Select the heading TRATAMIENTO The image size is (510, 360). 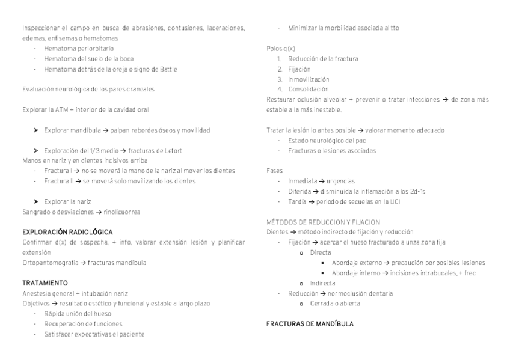[45, 282]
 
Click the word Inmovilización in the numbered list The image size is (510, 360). [309, 79]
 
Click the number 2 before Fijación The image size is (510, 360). [280, 69]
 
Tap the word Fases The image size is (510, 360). [274, 171]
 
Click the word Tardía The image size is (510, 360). [298, 201]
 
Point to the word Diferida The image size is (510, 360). [300, 191]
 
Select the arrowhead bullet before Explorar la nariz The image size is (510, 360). [37, 201]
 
